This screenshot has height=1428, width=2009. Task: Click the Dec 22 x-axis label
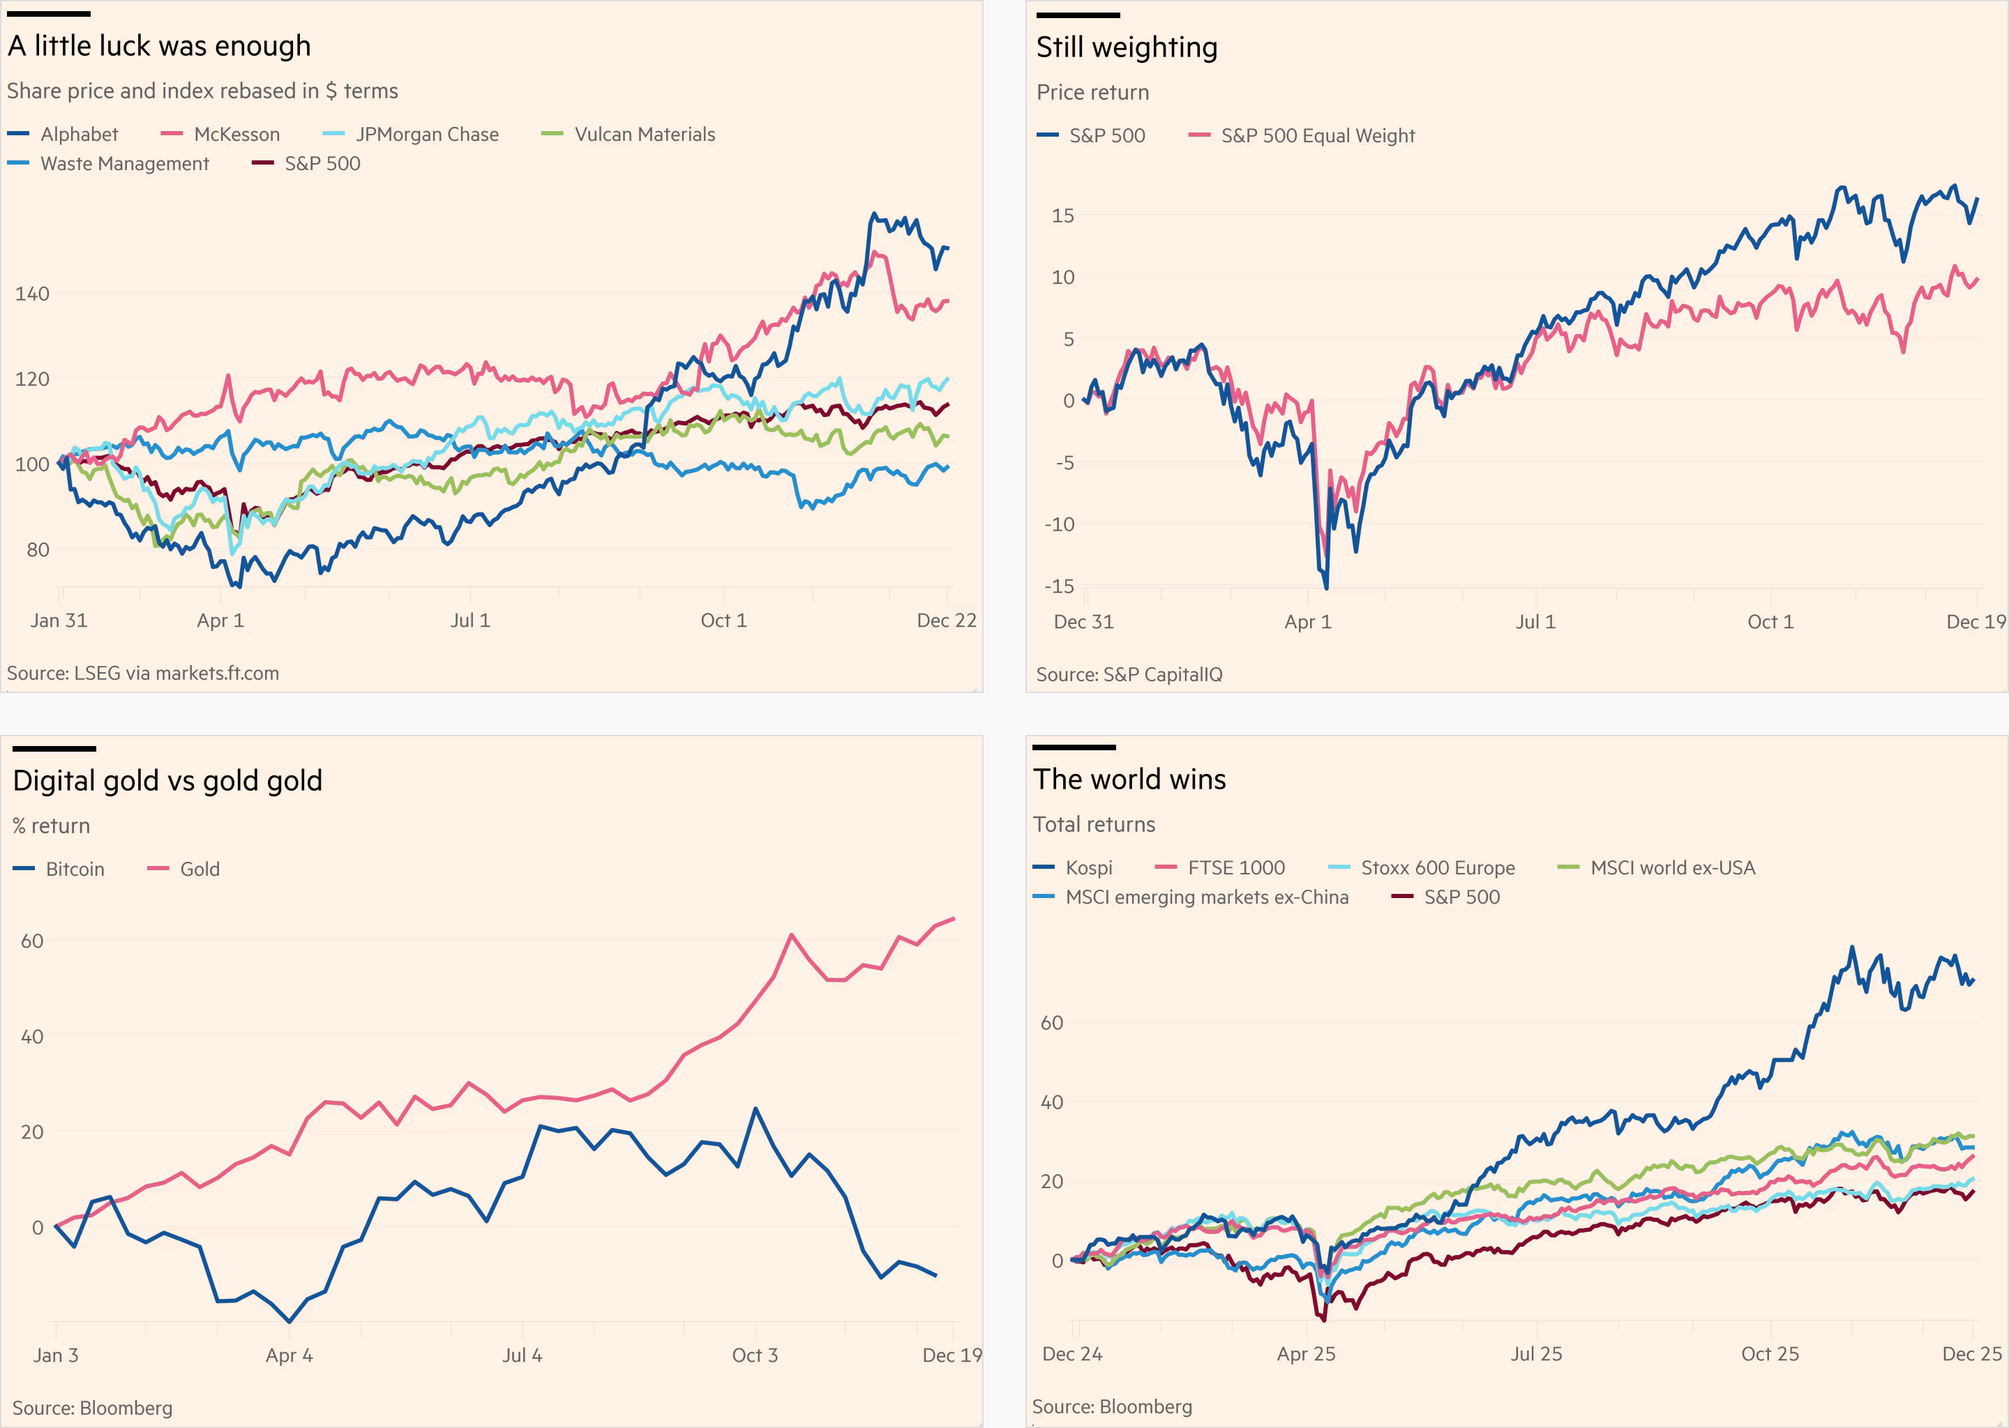point(946,621)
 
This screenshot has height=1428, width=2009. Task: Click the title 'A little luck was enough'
point(159,46)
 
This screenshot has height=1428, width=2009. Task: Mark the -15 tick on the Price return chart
point(1058,586)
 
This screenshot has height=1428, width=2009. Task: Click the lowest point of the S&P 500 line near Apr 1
point(1325,587)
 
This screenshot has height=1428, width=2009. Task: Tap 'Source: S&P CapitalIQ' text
point(1129,674)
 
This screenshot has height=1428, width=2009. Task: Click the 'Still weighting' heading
point(1126,47)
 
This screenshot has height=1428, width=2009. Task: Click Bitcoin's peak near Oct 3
point(755,1109)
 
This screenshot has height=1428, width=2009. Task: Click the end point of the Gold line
point(954,919)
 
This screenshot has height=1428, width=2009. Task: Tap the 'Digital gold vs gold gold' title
point(167,781)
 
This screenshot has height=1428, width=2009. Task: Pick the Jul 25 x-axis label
point(1536,1354)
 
